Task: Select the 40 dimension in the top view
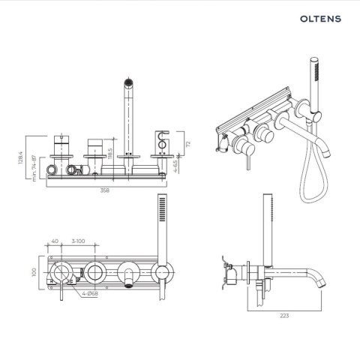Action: pyautogui.click(x=55, y=241)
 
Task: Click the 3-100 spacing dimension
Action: pyautogui.click(x=76, y=241)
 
